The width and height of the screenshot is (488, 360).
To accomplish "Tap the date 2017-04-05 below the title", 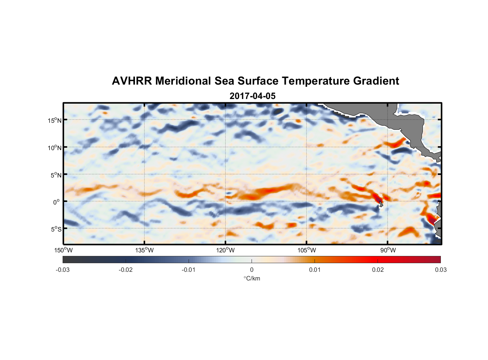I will (252, 96).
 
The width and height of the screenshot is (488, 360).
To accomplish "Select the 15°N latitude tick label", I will (55, 120).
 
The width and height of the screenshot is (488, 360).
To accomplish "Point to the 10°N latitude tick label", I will (55, 148).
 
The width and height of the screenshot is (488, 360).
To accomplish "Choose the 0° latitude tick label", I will (57, 202).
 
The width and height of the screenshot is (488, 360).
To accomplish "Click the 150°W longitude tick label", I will (63, 250).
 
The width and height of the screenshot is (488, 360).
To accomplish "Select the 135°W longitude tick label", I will (144, 250).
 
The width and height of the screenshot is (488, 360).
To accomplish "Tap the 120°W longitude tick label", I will (225, 250).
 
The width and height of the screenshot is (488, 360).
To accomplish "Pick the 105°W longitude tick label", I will (307, 250).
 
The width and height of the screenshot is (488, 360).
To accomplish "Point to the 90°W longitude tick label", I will (388, 250).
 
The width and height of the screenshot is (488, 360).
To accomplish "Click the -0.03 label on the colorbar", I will (63, 270).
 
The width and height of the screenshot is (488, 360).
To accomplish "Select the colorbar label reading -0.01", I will (188, 270).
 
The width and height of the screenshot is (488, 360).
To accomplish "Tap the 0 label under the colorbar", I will (252, 270).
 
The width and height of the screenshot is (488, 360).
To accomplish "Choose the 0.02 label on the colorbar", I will (378, 270).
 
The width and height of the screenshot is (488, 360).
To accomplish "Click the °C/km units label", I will (252, 278).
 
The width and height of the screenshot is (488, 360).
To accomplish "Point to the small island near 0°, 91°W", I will (380, 204).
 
